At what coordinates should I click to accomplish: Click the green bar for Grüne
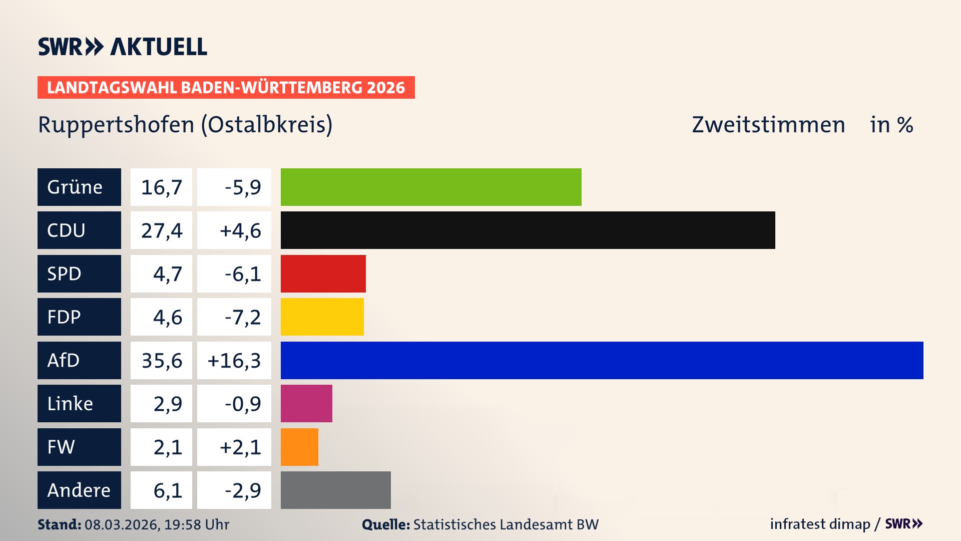430,187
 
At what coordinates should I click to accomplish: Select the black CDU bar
528,230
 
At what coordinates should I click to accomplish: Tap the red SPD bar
323,274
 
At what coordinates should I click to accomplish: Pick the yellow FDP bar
322,317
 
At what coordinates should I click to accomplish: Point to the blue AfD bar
602,360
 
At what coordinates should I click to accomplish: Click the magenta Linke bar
306,404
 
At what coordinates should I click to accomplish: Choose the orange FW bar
299,447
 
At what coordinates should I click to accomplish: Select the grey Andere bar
335,490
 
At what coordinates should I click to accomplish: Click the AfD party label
79,360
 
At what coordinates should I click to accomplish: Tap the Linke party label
79,404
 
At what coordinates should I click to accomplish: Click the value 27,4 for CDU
161,230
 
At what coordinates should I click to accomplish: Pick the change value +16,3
234,360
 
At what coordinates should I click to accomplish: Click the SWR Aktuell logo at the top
122,47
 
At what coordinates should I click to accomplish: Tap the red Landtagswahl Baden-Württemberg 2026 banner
226,87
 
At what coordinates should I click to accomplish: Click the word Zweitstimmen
768,125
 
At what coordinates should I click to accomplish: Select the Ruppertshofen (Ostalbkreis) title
185,125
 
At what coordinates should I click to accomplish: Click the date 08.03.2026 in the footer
122,524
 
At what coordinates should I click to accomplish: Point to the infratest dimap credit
820,524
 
